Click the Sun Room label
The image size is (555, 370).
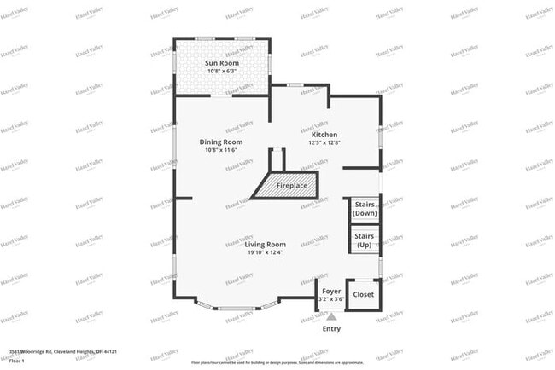[x=221, y=63]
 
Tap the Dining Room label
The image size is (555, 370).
[x=220, y=142]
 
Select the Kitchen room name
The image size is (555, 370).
[x=324, y=135]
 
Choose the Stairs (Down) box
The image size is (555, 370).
[x=365, y=209]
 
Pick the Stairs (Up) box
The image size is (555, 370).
[x=365, y=240]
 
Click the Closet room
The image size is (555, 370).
[x=364, y=293]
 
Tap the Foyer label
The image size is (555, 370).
[x=331, y=292]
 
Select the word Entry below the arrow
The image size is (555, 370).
[x=331, y=329]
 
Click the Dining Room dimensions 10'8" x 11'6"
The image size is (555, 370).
[x=220, y=150]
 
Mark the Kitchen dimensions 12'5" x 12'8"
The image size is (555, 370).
[x=324, y=143]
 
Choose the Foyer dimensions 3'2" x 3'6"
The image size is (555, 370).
[x=331, y=299]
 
